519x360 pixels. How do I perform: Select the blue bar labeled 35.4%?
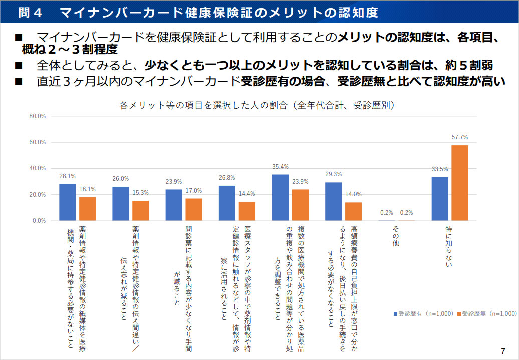(x=280, y=197)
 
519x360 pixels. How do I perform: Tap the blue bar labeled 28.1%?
(x=68, y=202)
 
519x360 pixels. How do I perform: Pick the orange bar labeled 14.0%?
(x=353, y=211)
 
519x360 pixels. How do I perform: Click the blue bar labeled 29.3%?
(x=333, y=201)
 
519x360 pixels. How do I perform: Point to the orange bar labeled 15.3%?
(x=141, y=210)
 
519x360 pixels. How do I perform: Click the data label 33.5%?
(x=440, y=169)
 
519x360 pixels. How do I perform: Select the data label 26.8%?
(x=227, y=177)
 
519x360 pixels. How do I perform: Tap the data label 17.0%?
(x=194, y=190)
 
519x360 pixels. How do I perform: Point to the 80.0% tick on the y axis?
(x=38, y=116)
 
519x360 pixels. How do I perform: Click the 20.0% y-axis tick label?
(x=38, y=194)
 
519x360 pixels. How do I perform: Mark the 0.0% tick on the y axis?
(x=39, y=220)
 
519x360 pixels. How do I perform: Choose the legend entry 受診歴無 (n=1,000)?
(x=489, y=314)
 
